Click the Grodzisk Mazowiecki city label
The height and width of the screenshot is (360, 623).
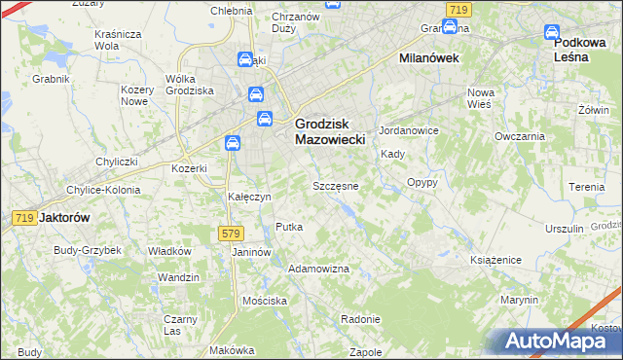point(329,132)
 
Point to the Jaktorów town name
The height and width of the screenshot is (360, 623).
point(64,219)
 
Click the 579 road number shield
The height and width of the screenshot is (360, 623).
point(230,234)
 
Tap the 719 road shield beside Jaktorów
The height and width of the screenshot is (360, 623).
point(25,219)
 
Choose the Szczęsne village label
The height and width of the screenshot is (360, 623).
point(335,186)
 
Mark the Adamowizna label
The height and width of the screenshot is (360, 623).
point(319,268)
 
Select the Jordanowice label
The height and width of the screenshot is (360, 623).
point(410,130)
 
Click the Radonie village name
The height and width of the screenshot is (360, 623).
point(360,320)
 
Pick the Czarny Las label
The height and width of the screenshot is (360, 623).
point(180,325)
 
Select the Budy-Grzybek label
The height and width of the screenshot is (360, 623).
point(88,250)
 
